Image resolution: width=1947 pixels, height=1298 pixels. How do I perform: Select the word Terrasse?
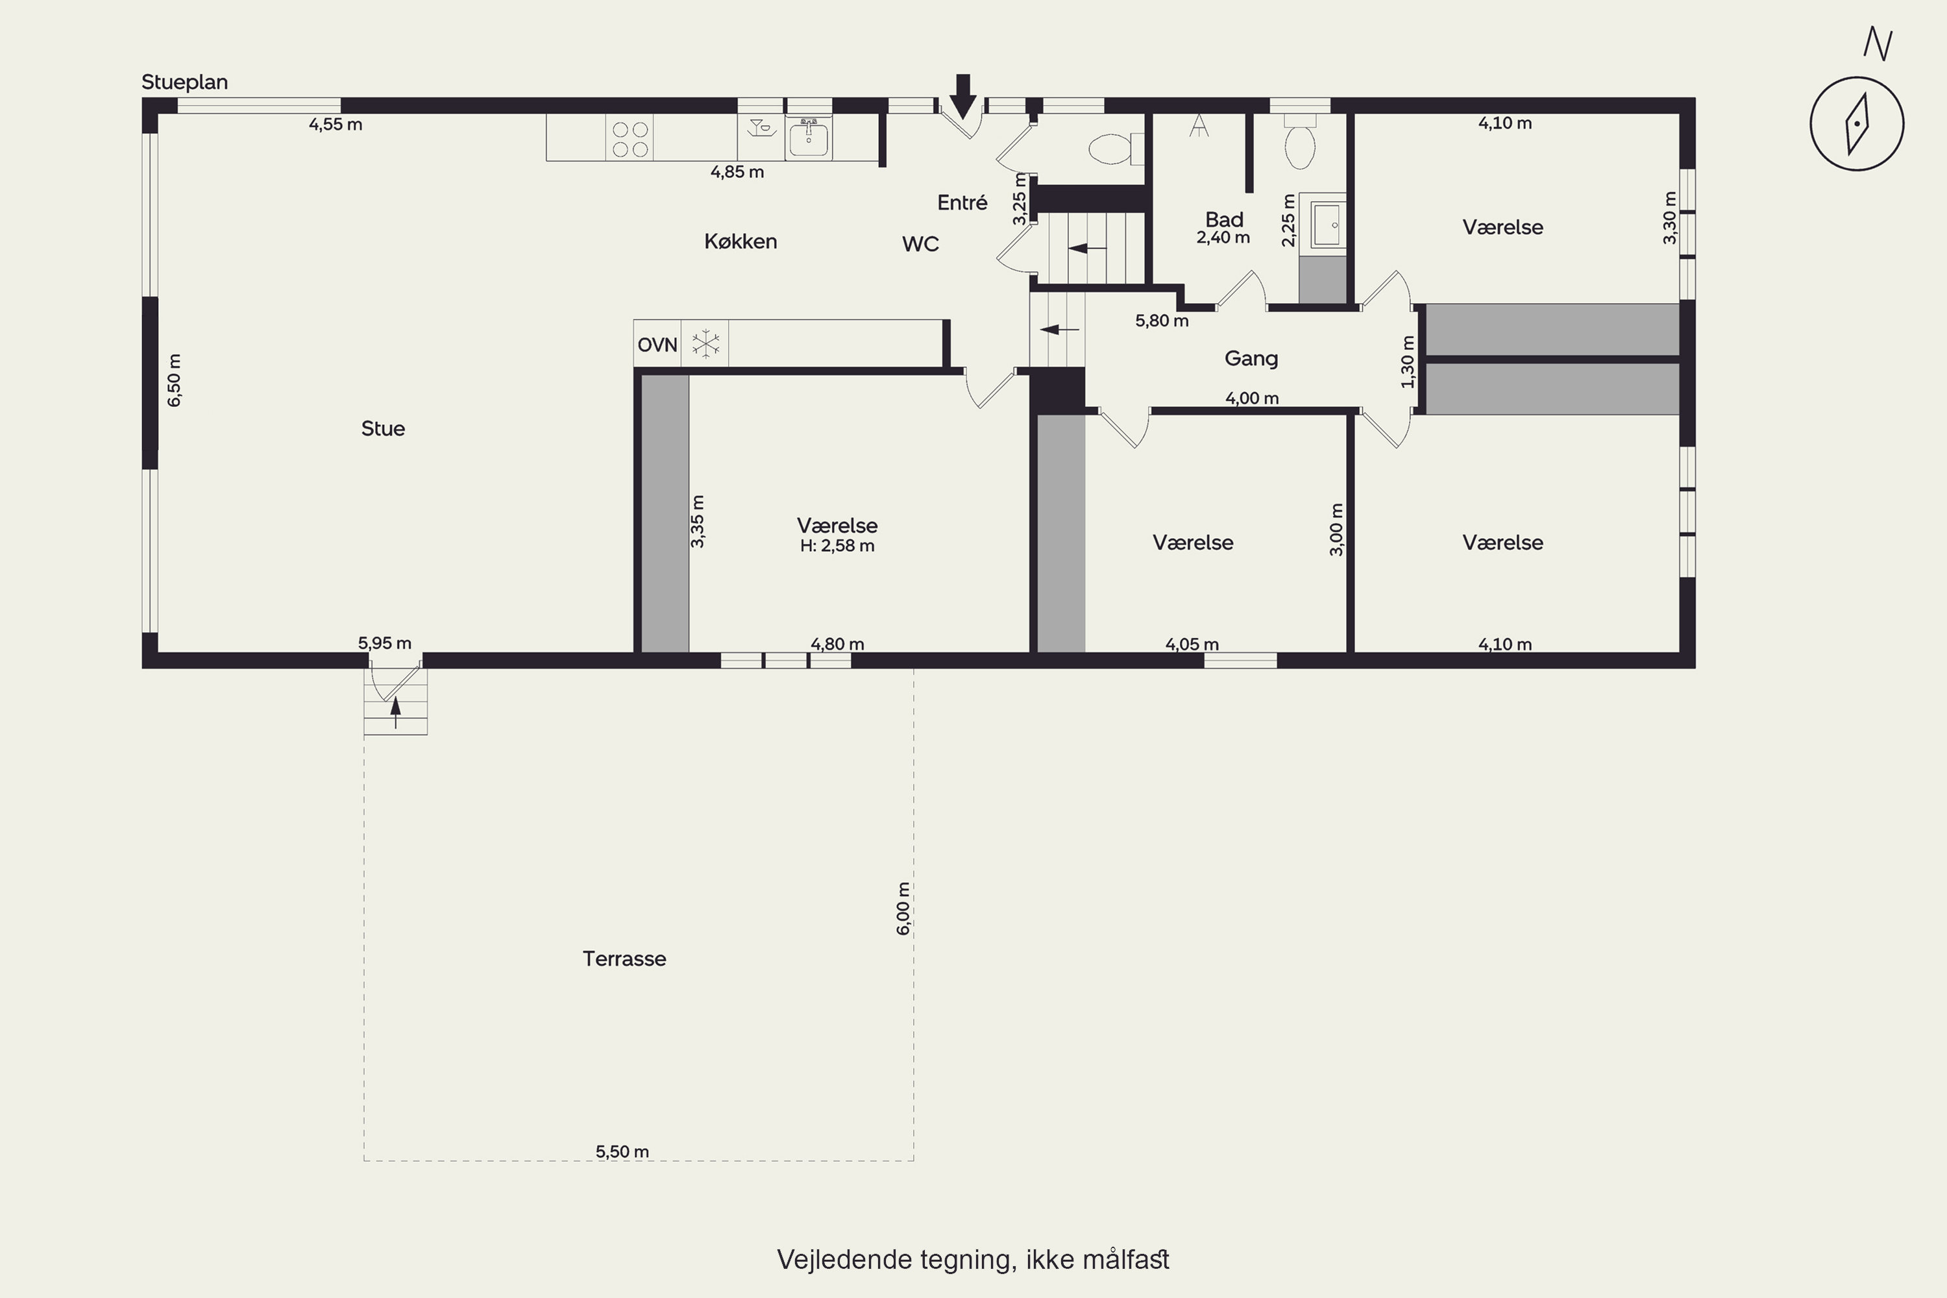(x=624, y=959)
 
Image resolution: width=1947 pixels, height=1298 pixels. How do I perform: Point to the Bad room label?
(x=1224, y=219)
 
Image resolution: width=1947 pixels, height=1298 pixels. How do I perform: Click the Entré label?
(x=962, y=202)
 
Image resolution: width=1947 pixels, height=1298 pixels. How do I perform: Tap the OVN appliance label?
(x=657, y=345)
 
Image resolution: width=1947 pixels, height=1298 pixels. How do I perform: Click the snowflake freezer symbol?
(x=706, y=343)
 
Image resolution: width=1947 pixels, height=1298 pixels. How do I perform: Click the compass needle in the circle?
(x=1857, y=124)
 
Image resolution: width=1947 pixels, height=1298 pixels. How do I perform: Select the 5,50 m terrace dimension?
(x=622, y=1151)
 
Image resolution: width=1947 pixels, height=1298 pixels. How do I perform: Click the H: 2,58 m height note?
(x=837, y=546)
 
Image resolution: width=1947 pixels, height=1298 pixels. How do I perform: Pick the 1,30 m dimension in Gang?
(x=1408, y=361)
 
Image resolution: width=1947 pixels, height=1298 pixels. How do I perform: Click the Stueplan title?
(x=184, y=82)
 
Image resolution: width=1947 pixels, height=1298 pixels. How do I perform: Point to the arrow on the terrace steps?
(x=396, y=713)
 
